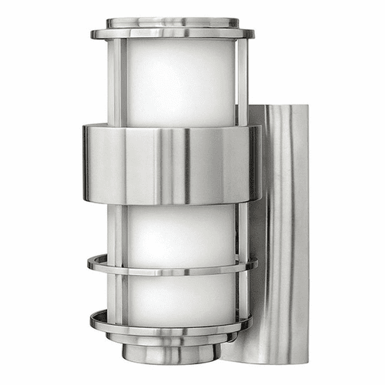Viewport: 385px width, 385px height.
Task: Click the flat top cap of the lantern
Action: (172, 22)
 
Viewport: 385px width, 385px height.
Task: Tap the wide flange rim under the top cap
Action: (172, 35)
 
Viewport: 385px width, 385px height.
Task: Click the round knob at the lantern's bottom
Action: (172, 354)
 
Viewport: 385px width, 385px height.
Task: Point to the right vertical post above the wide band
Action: (241, 81)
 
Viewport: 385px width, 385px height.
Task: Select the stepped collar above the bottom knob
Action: (172, 338)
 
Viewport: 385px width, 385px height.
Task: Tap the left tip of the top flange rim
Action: (93, 34)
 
